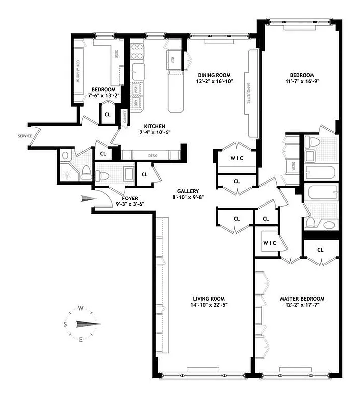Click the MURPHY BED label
point(78,73)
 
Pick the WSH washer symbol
point(135,90)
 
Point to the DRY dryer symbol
point(135,103)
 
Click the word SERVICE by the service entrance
point(25,135)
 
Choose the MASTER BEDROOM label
point(302,299)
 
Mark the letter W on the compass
point(81,308)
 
